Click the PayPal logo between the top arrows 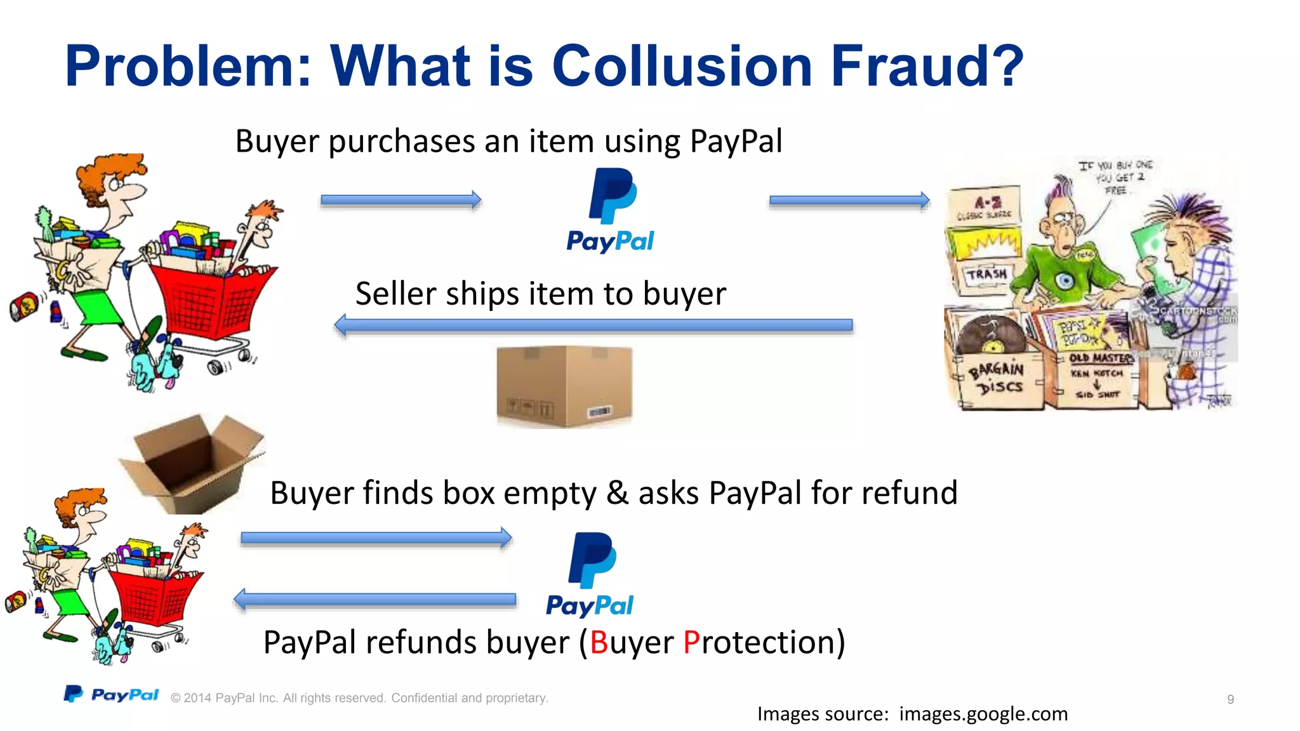point(611,210)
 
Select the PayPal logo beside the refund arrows point(590,574)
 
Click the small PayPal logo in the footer point(111,695)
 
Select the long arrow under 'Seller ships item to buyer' point(594,326)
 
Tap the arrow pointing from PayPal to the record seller point(849,201)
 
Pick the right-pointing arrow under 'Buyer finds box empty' point(376,539)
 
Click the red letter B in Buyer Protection point(599,642)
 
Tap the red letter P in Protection point(691,642)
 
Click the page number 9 point(1230,699)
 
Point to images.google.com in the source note point(983,714)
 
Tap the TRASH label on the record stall point(986,274)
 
